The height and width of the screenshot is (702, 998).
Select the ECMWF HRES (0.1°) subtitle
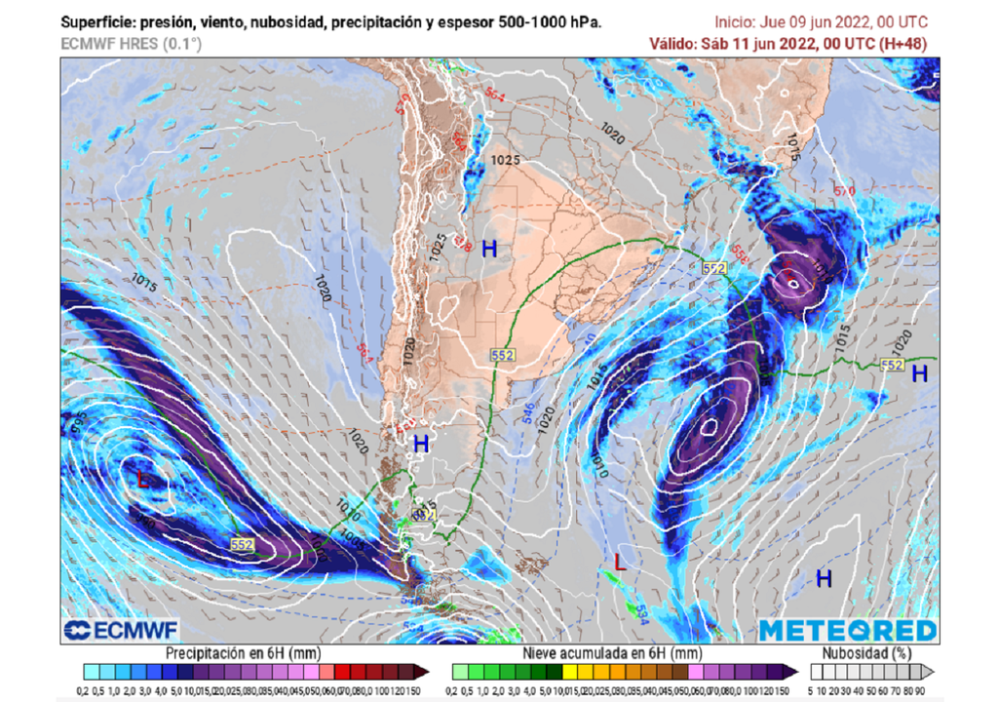[x=131, y=44]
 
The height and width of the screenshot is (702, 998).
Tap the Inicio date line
[x=821, y=22]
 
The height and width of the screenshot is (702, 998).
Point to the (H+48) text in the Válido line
[x=902, y=44]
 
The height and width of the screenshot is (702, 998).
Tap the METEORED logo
[x=847, y=631]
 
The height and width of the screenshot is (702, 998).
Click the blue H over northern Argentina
[x=489, y=249]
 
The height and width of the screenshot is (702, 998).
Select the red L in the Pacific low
[x=144, y=480]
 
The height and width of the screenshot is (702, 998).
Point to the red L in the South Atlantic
[x=620, y=562]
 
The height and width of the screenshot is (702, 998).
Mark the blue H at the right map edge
[x=919, y=372]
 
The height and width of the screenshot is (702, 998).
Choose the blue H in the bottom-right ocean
[x=824, y=579]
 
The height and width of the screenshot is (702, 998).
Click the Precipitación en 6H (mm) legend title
[x=243, y=652]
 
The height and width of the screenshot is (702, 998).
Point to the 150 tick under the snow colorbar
[x=777, y=689]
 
